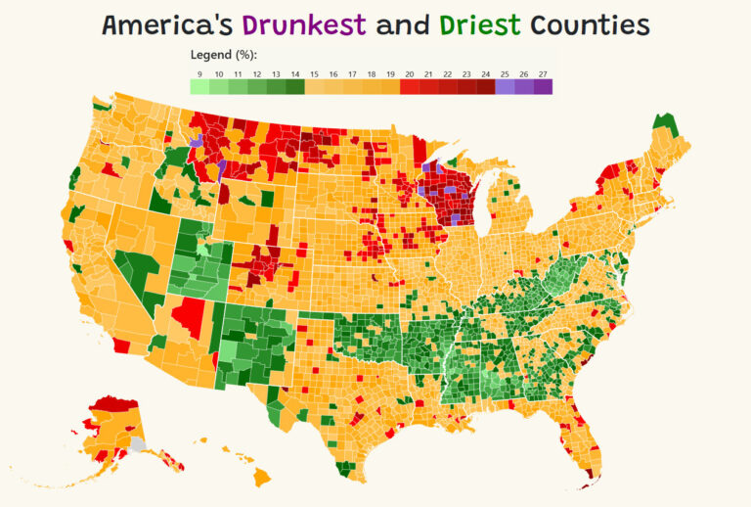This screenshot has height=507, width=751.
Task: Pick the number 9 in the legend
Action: [x=199, y=72]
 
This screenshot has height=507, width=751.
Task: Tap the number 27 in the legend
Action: [x=543, y=72]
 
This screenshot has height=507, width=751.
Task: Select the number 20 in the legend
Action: [x=410, y=72]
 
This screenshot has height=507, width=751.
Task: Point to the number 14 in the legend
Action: [x=295, y=72]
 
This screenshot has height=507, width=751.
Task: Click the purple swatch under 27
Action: [x=543, y=87]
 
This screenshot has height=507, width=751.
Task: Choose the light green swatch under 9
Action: [x=199, y=87]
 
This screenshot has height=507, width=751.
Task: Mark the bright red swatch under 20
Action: [x=410, y=87]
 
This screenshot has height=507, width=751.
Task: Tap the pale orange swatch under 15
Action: [x=315, y=87]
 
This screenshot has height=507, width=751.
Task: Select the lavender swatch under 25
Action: [x=505, y=87]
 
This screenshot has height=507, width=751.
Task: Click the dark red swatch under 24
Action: [x=486, y=87]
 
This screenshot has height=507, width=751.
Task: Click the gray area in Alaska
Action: [x=138, y=443]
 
